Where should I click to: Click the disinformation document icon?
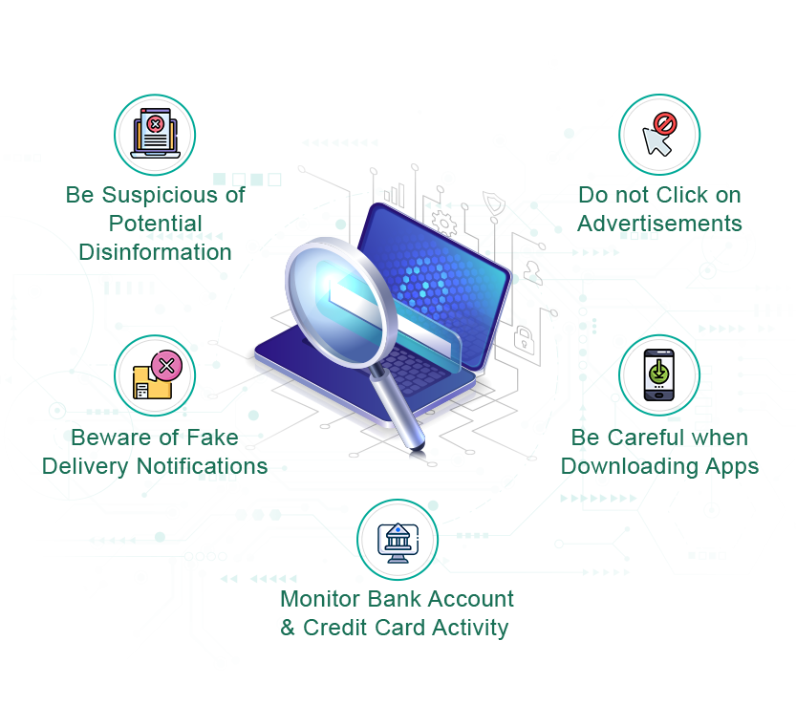154,135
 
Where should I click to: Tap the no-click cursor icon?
658,135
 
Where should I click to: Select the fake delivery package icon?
154,374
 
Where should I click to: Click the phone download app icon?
658,374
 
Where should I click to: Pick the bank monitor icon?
397,540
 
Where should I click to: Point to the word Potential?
156,224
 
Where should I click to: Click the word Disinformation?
156,251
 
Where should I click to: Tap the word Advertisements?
659,224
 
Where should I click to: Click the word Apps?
730,466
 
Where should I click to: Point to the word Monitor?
320,599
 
